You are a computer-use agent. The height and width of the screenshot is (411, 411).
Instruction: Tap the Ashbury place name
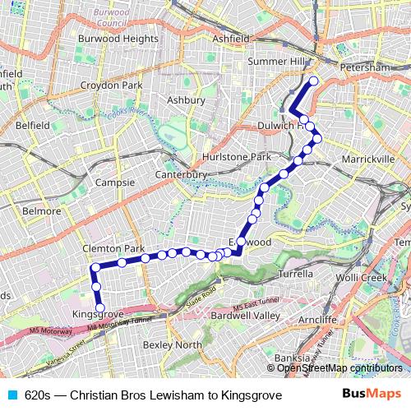pos(185,99)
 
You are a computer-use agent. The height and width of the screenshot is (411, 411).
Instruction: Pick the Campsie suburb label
pos(114,182)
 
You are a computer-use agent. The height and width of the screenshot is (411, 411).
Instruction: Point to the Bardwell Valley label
pos(245,315)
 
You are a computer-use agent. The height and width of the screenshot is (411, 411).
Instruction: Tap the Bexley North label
pos(173,344)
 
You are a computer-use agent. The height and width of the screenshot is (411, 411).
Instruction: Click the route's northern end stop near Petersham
pos(312,81)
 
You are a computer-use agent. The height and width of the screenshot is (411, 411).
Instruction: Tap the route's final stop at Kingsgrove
pos(100,308)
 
